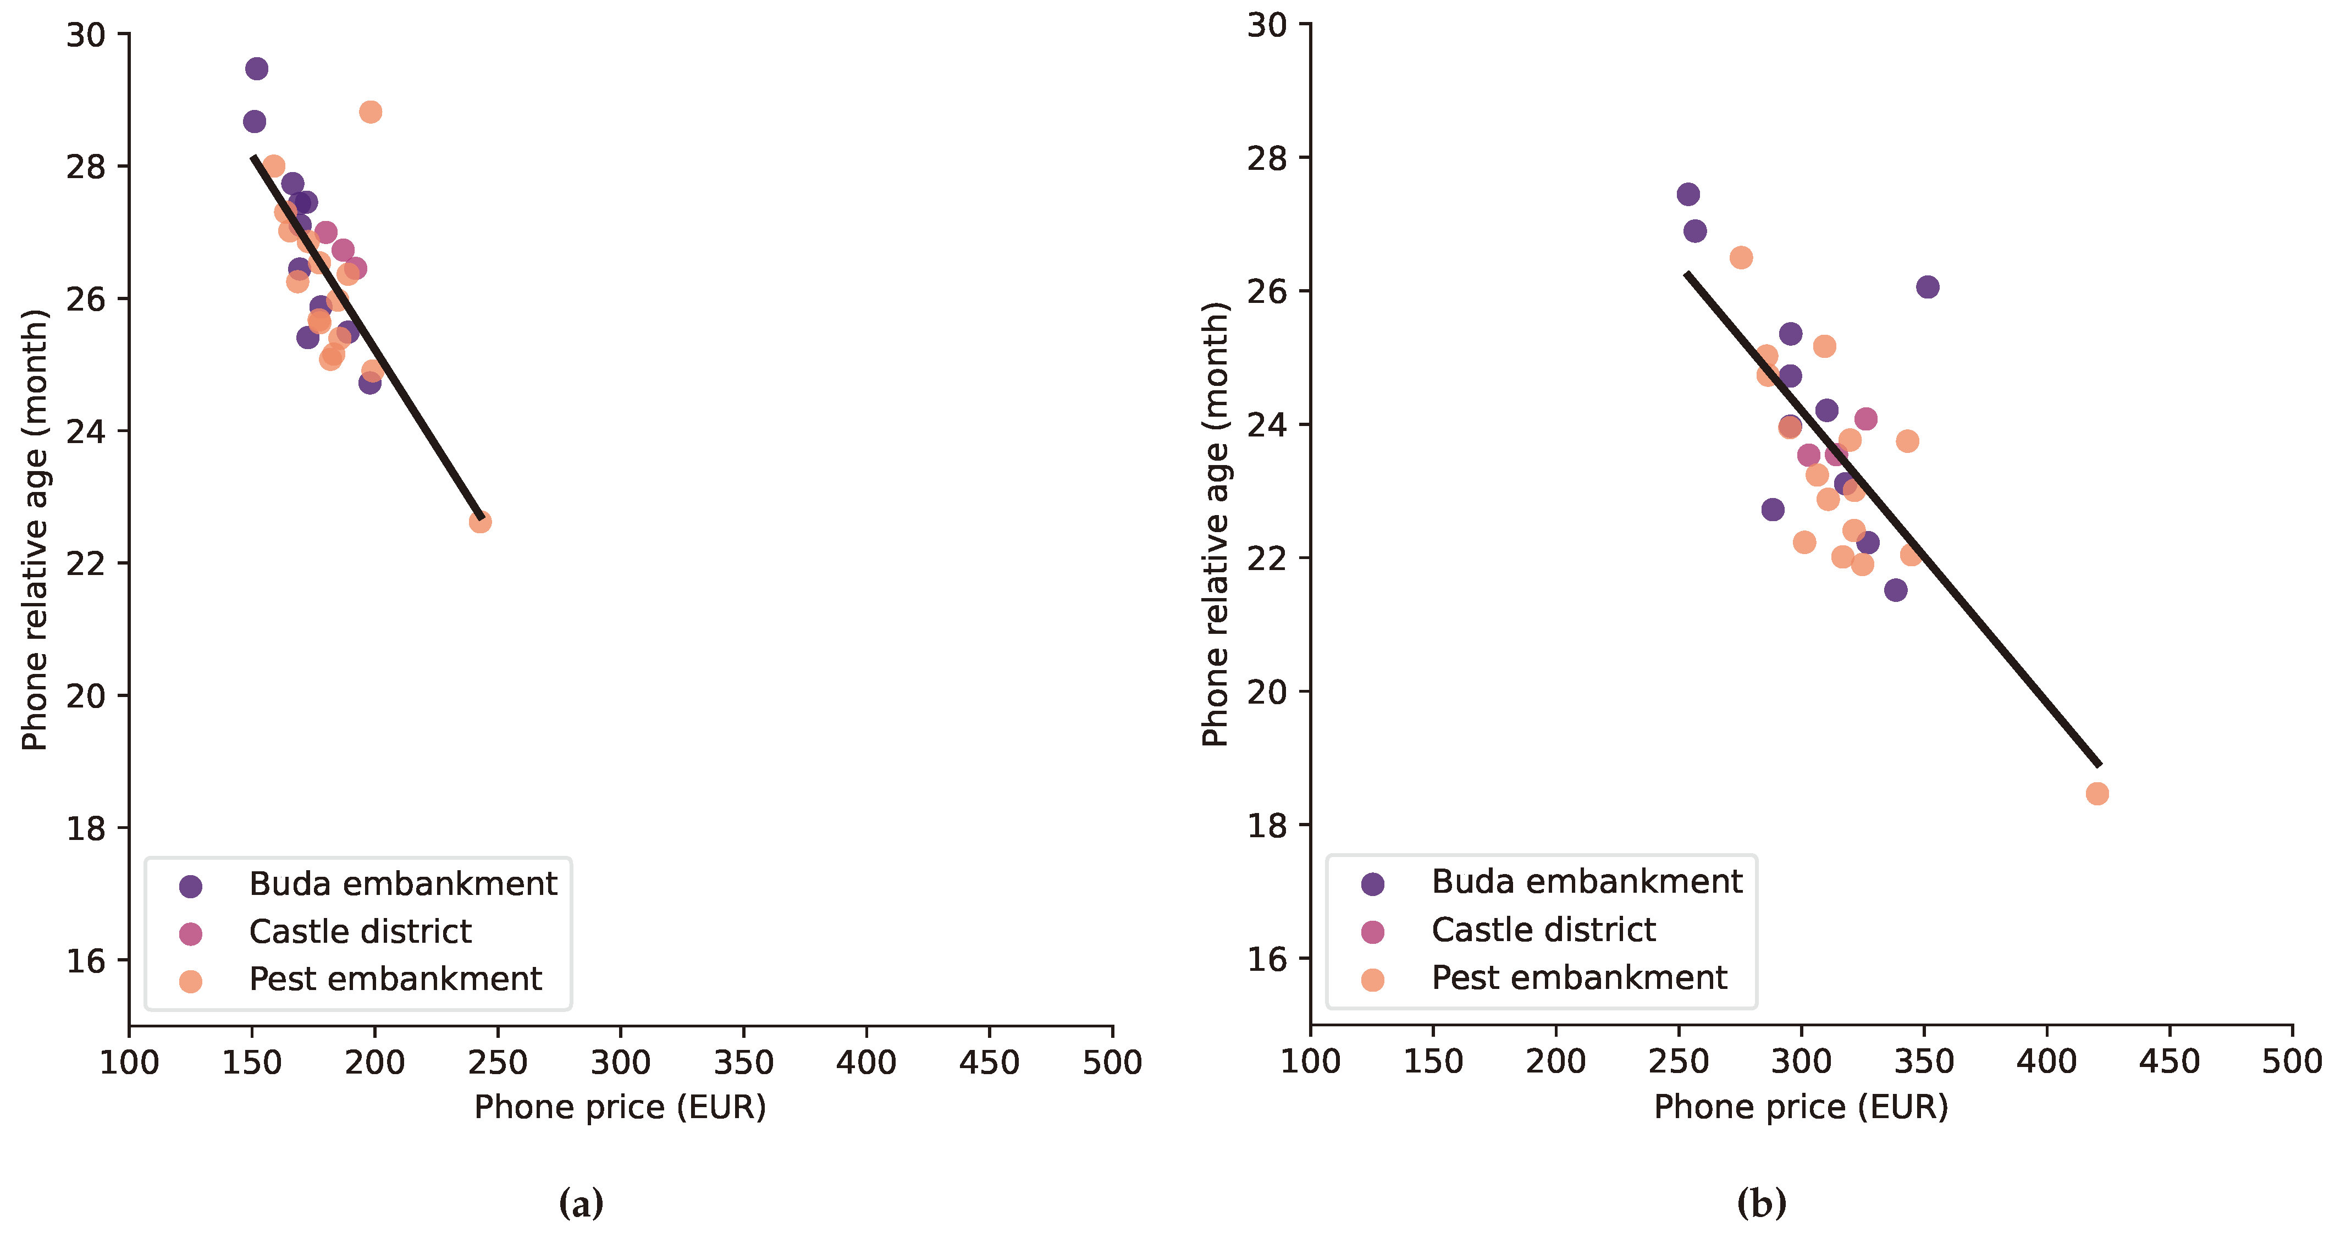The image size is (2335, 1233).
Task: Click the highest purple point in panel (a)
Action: point(257,69)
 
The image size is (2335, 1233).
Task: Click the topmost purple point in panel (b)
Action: point(1688,194)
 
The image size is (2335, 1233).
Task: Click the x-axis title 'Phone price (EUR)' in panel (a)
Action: point(620,1107)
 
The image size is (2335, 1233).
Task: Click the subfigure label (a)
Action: point(581,1204)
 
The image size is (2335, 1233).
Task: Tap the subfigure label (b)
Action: point(1761,1204)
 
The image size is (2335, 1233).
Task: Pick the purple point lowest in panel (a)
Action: point(369,383)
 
